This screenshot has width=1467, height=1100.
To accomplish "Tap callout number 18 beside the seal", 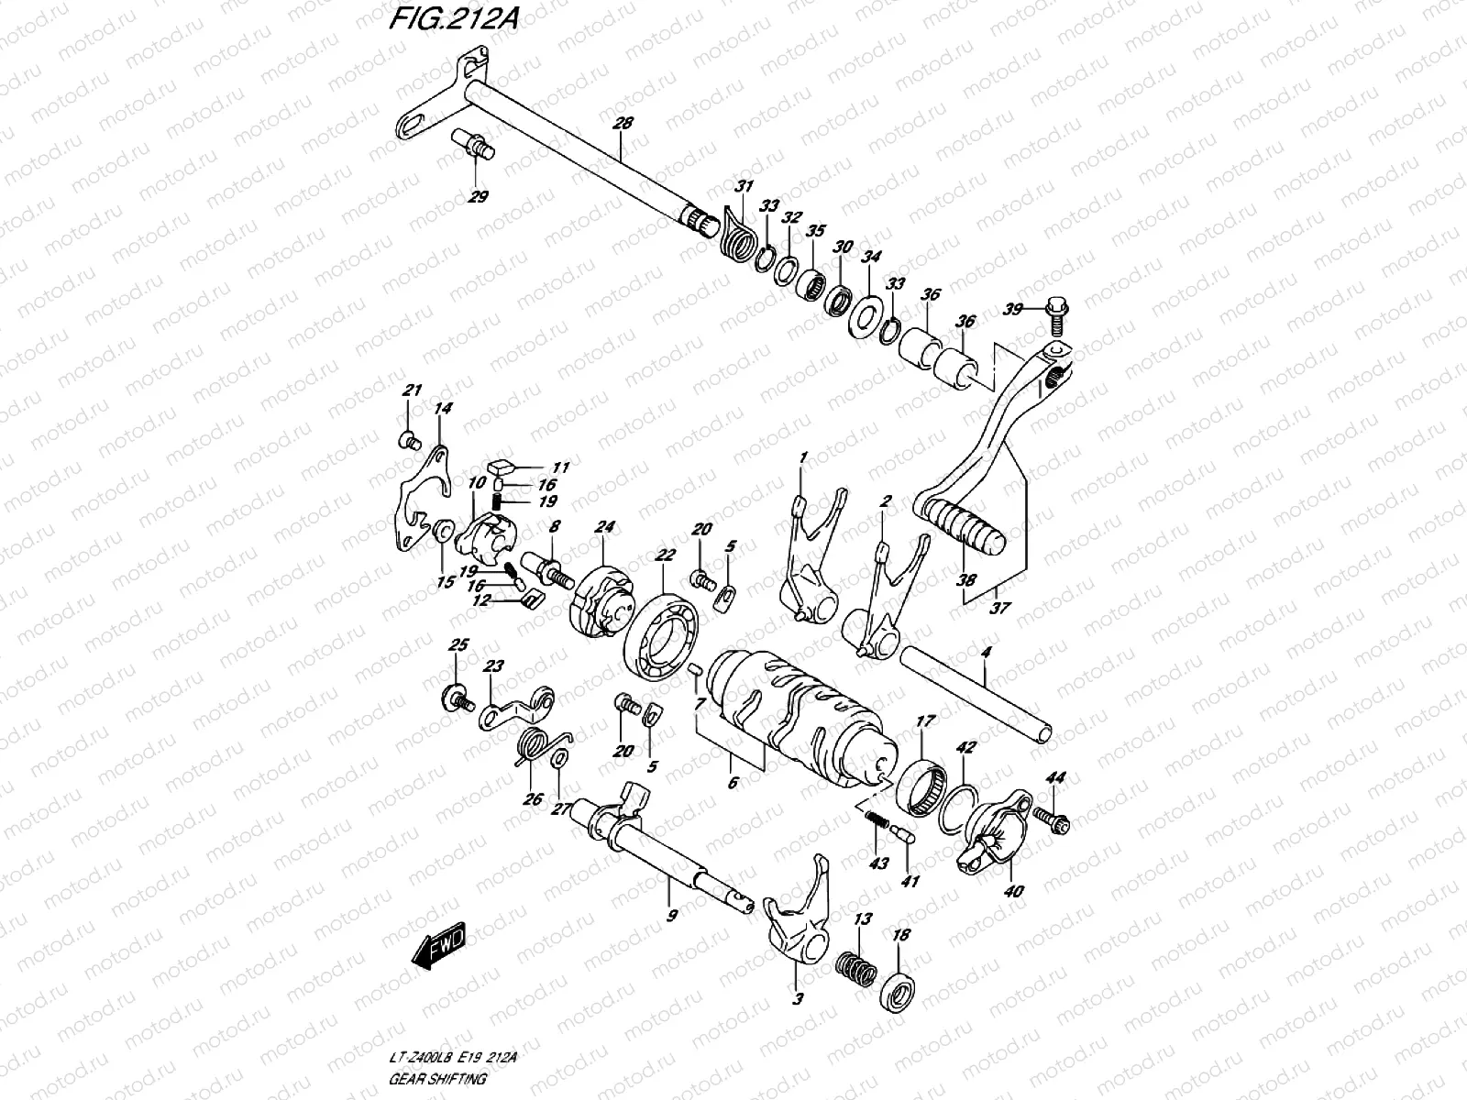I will [x=901, y=935].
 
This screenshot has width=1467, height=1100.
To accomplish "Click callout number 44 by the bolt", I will [x=1055, y=778].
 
